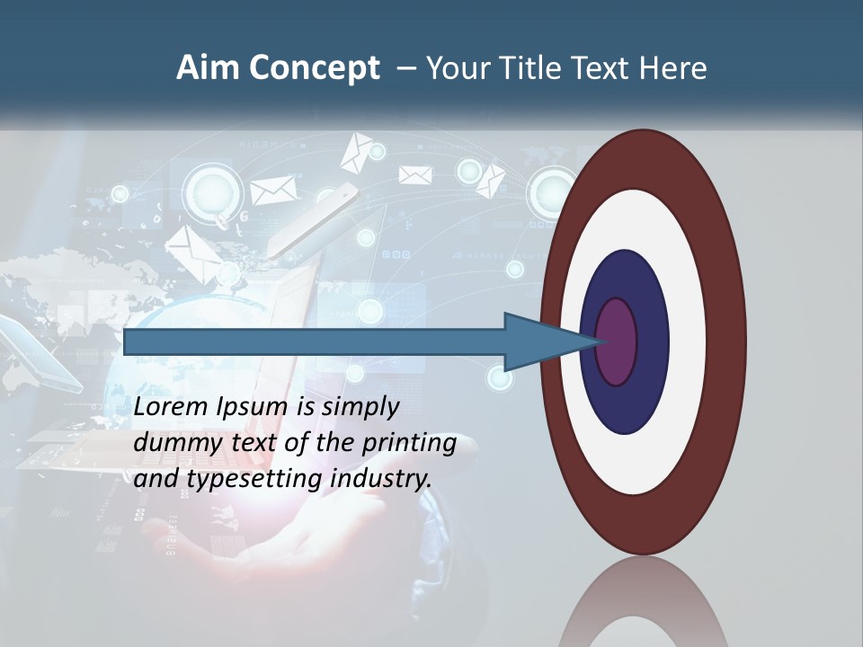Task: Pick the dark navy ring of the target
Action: [x=647, y=377]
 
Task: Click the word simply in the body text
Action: [x=358, y=408]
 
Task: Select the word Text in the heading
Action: [x=602, y=69]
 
